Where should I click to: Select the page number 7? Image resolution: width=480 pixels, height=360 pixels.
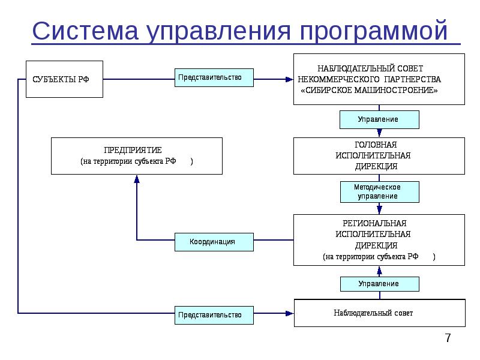coord(448,338)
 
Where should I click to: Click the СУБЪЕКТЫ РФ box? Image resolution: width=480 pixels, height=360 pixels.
coord(64,79)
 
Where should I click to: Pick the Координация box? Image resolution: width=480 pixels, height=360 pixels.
coord(212,242)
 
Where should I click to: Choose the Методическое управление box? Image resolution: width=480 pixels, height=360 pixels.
coord(379,192)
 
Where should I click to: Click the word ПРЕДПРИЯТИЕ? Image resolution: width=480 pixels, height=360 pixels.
coord(137,150)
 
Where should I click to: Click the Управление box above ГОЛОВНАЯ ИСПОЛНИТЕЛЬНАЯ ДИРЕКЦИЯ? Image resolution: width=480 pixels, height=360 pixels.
coord(379,119)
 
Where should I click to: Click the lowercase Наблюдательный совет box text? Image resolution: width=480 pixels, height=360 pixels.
coord(373,313)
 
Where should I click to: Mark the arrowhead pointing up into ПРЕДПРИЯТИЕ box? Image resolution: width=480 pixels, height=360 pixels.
coord(137,179)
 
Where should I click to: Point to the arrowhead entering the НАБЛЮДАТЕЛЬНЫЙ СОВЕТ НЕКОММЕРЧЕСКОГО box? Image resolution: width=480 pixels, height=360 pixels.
coord(289,79)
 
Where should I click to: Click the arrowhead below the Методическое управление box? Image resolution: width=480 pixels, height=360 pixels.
coord(379,209)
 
